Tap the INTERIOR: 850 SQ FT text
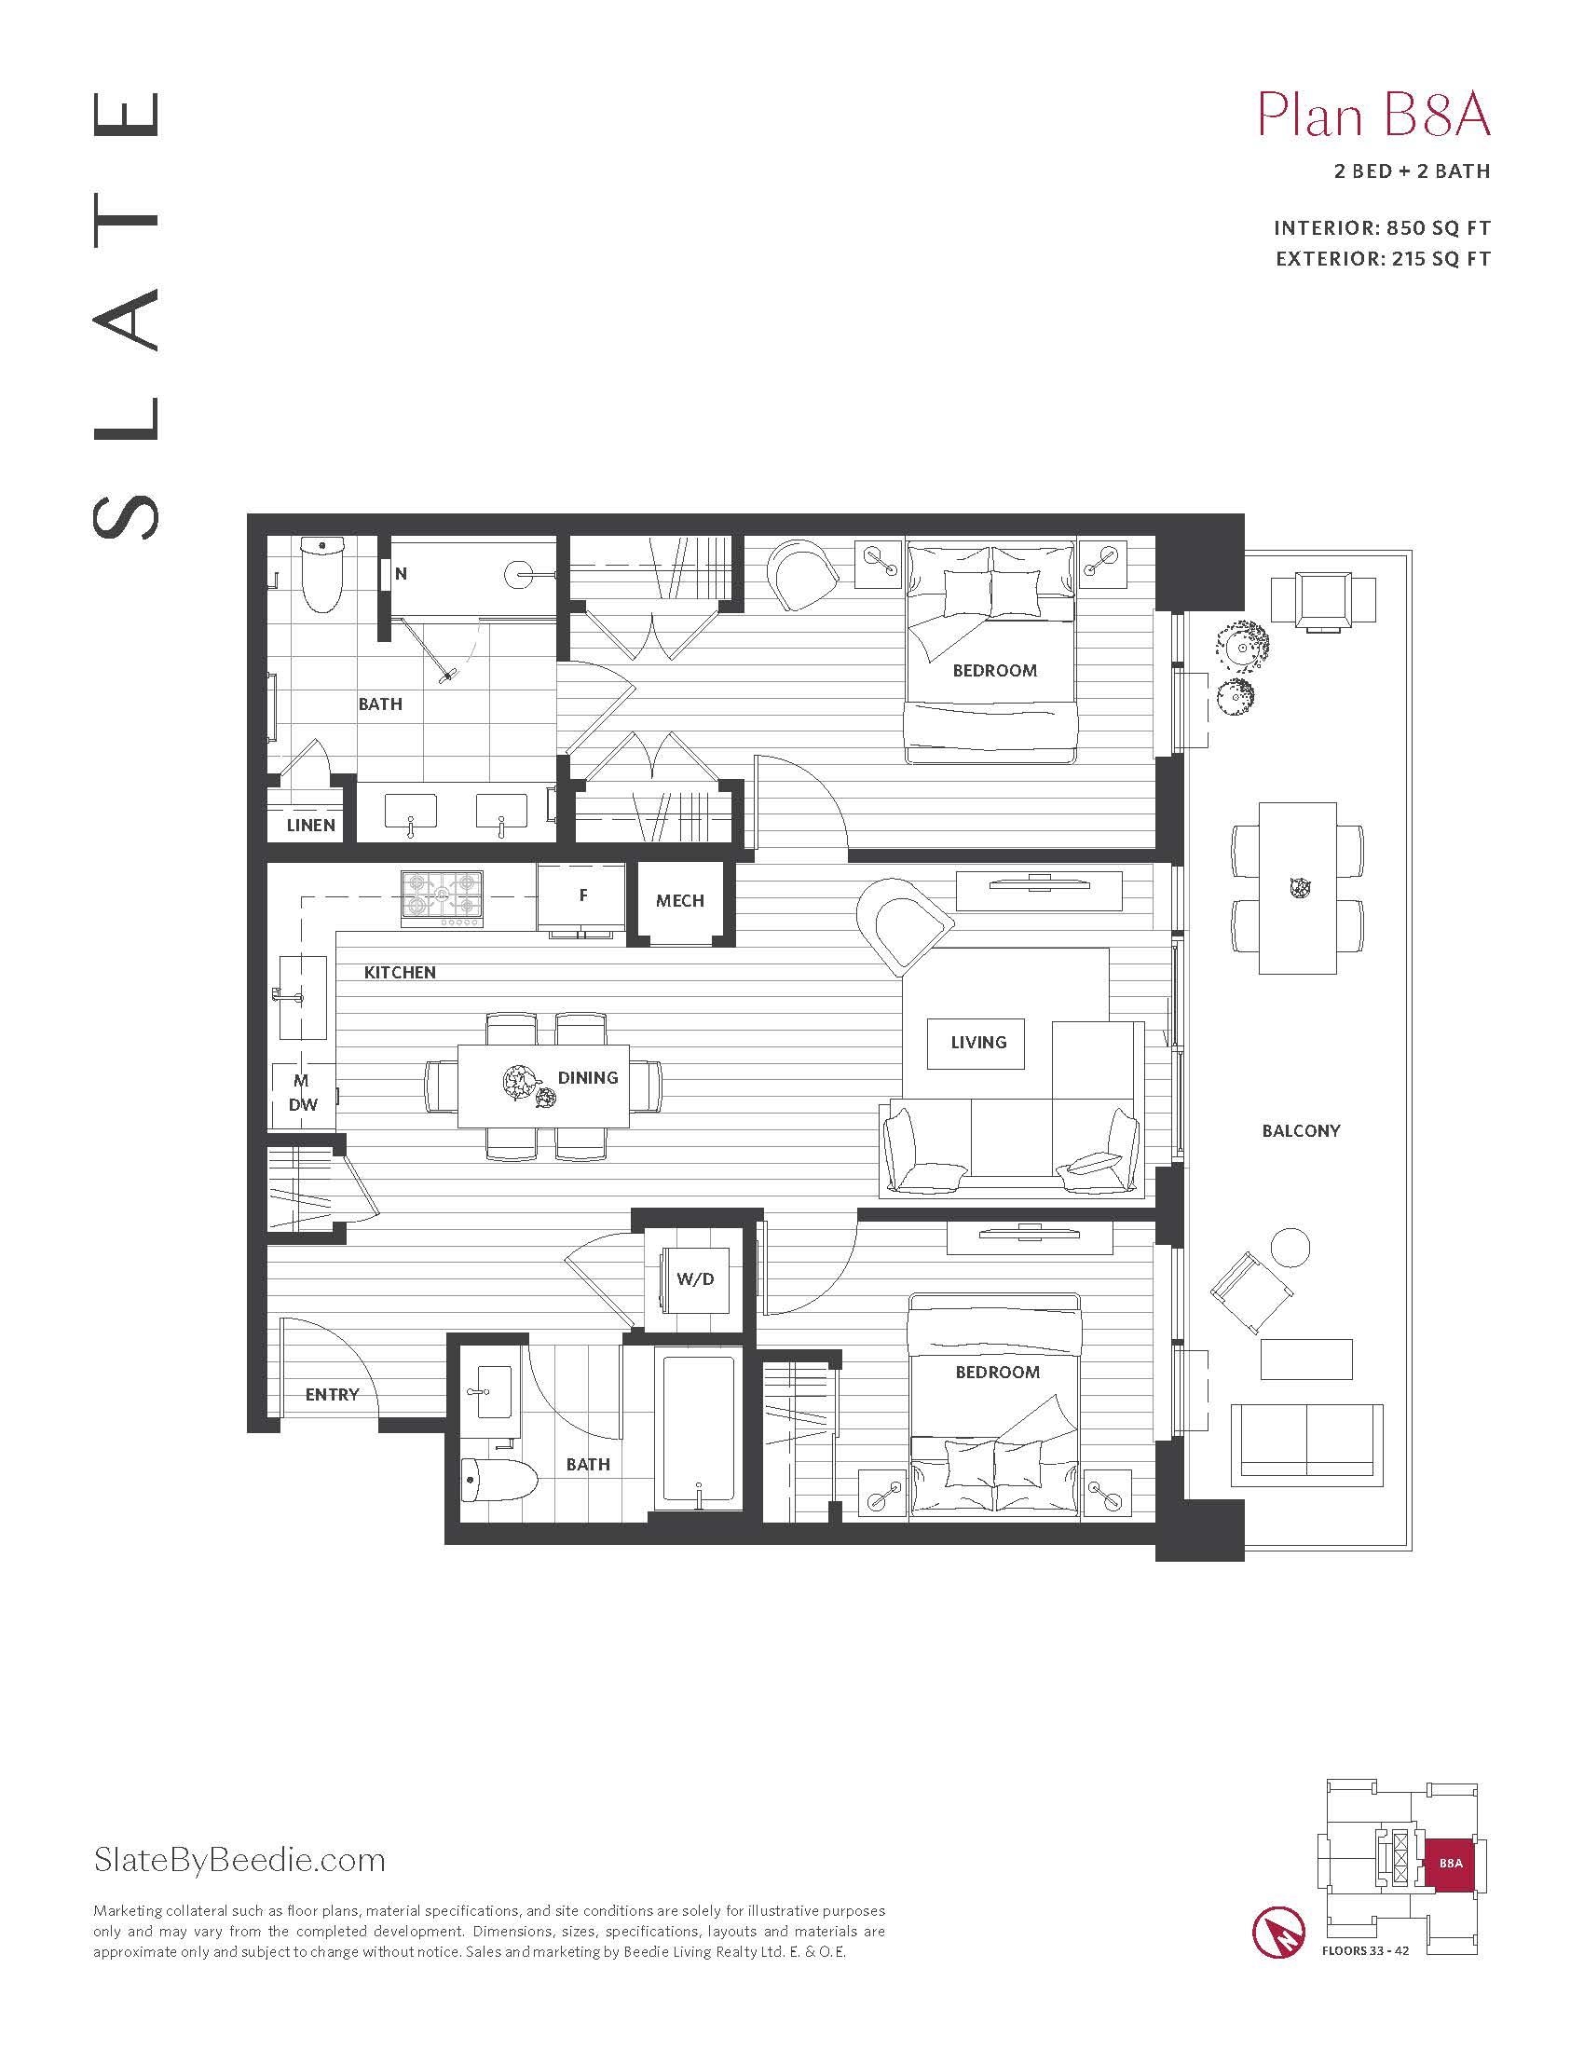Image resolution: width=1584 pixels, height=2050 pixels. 1381,228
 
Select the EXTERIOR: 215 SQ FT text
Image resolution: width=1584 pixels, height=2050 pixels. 1382,259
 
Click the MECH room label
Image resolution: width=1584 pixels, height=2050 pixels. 679,901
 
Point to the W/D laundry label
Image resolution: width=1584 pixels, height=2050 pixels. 694,1279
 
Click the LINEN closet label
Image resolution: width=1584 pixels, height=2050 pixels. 310,825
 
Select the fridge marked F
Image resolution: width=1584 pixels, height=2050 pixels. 581,897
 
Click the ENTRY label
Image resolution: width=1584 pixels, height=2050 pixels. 332,1395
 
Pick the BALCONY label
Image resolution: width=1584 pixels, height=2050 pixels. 1301,1131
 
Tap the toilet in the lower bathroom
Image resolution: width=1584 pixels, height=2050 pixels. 498,1483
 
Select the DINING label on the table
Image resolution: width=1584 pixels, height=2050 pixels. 587,1077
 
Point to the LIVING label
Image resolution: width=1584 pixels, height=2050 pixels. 977,1042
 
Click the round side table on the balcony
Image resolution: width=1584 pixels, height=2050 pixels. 1290,1247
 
